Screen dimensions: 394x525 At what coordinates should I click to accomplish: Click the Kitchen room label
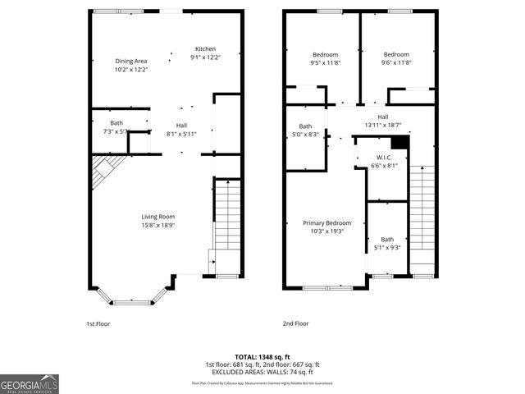[x=205, y=48]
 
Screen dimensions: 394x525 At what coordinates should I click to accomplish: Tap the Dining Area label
[x=130, y=61]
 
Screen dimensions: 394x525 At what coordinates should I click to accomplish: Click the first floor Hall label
[x=181, y=125]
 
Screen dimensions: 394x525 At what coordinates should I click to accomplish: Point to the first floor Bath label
[x=116, y=122]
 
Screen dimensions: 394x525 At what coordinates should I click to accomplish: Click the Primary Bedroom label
[x=326, y=222]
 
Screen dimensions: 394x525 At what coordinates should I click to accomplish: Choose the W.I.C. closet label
[x=384, y=157]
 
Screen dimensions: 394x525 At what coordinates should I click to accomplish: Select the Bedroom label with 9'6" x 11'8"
[x=395, y=54]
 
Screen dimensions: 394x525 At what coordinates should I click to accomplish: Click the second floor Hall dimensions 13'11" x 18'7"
[x=382, y=125]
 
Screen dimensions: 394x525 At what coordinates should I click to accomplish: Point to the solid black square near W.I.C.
[x=399, y=142]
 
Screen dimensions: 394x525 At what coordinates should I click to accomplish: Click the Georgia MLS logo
[x=30, y=383]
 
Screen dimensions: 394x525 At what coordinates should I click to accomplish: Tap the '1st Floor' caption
[x=98, y=323]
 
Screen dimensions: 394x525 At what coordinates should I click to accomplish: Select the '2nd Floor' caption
[x=295, y=323]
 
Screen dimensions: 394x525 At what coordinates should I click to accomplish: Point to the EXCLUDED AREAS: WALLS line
[x=262, y=371]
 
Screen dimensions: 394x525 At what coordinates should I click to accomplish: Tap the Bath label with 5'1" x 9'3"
[x=387, y=239]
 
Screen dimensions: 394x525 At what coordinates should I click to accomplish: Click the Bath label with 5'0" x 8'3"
[x=305, y=126]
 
